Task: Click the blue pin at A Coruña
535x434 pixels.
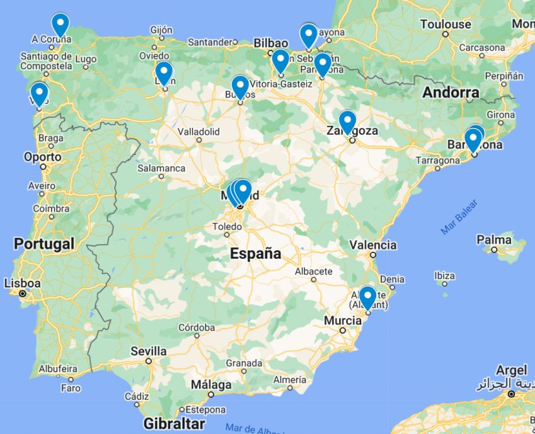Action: point(60,24)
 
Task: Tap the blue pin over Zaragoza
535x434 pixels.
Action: point(347,121)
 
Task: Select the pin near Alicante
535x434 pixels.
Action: point(367,297)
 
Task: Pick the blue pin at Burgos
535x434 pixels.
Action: point(240,86)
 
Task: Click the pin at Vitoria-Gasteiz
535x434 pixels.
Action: point(280,60)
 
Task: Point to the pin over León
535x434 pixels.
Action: point(163,72)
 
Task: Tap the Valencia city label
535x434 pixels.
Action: point(373,245)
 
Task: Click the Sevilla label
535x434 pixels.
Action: point(149,351)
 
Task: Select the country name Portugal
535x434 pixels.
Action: point(44,243)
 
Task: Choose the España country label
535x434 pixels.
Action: point(255,254)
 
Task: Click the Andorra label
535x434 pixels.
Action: point(451,93)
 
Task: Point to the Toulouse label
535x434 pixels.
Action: point(446,25)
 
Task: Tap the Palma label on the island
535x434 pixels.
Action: point(494,239)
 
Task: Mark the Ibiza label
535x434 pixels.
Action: point(445,276)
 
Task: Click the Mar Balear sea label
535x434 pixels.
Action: point(459,218)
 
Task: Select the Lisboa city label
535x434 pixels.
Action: point(23,283)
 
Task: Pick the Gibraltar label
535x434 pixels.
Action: point(175,423)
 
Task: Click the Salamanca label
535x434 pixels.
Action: point(162,168)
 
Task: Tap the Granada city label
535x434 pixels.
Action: point(244,363)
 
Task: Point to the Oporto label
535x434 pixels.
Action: point(43,157)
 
